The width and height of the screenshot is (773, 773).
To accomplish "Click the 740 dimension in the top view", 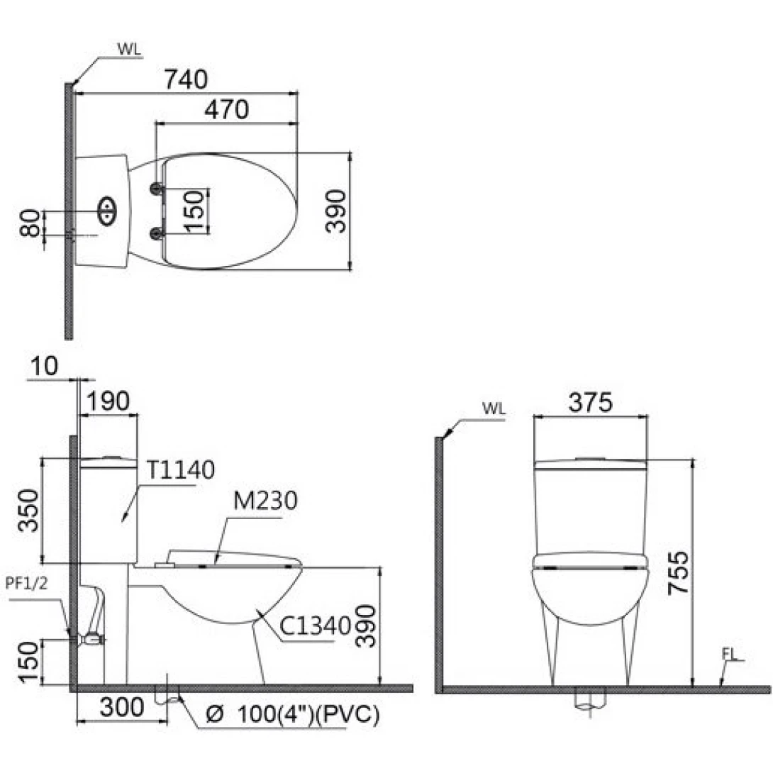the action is tap(186, 79).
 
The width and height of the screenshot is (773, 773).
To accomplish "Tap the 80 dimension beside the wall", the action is tap(30, 223).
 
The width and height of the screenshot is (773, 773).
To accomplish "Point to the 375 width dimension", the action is tap(590, 402).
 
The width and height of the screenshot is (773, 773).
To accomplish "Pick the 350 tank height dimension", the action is tap(28, 510).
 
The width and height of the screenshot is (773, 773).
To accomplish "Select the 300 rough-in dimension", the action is tap(122, 707).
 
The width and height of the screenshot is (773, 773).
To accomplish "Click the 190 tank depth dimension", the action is tap(109, 401).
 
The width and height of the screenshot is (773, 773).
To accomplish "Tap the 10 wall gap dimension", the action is tap(44, 366).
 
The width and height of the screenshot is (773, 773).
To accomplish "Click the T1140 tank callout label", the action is tap(181, 469).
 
